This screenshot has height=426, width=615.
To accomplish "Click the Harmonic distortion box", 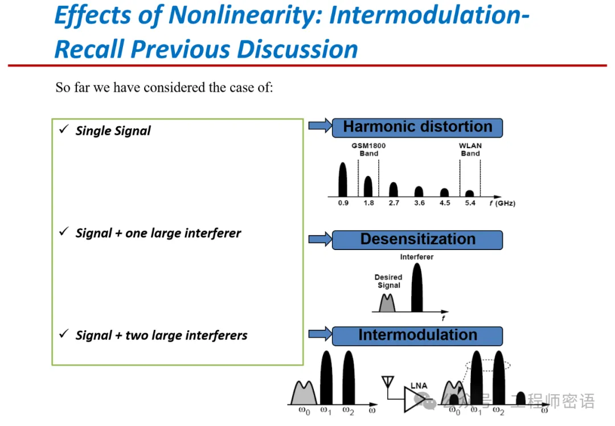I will pyautogui.click(x=417, y=127).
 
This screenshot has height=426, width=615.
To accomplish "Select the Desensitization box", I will pyautogui.click(x=417, y=240).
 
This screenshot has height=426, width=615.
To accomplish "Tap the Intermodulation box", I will pyautogui.click(x=417, y=335).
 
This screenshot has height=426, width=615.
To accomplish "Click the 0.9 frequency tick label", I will pyautogui.click(x=343, y=203).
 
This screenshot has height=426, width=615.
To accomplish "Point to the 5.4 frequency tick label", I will pyautogui.click(x=470, y=203).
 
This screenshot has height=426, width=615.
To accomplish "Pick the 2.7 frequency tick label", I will pyautogui.click(x=393, y=203).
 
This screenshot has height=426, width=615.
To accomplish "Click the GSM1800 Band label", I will pyautogui.click(x=368, y=149).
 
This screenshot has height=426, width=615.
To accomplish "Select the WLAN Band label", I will pyautogui.click(x=470, y=149).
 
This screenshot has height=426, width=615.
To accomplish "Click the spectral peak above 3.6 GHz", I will pyautogui.click(x=419, y=191).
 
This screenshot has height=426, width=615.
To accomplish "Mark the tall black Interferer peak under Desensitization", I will pyautogui.click(x=417, y=288).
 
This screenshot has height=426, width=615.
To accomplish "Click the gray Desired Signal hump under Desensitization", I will pyautogui.click(x=387, y=302).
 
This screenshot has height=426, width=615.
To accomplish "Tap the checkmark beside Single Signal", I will pyautogui.click(x=64, y=130).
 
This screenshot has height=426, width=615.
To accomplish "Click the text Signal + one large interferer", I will pyautogui.click(x=158, y=233).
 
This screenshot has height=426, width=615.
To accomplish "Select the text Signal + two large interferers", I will pyautogui.click(x=161, y=335).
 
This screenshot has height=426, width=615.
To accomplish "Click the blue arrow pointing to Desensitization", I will pyautogui.click(x=319, y=240).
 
